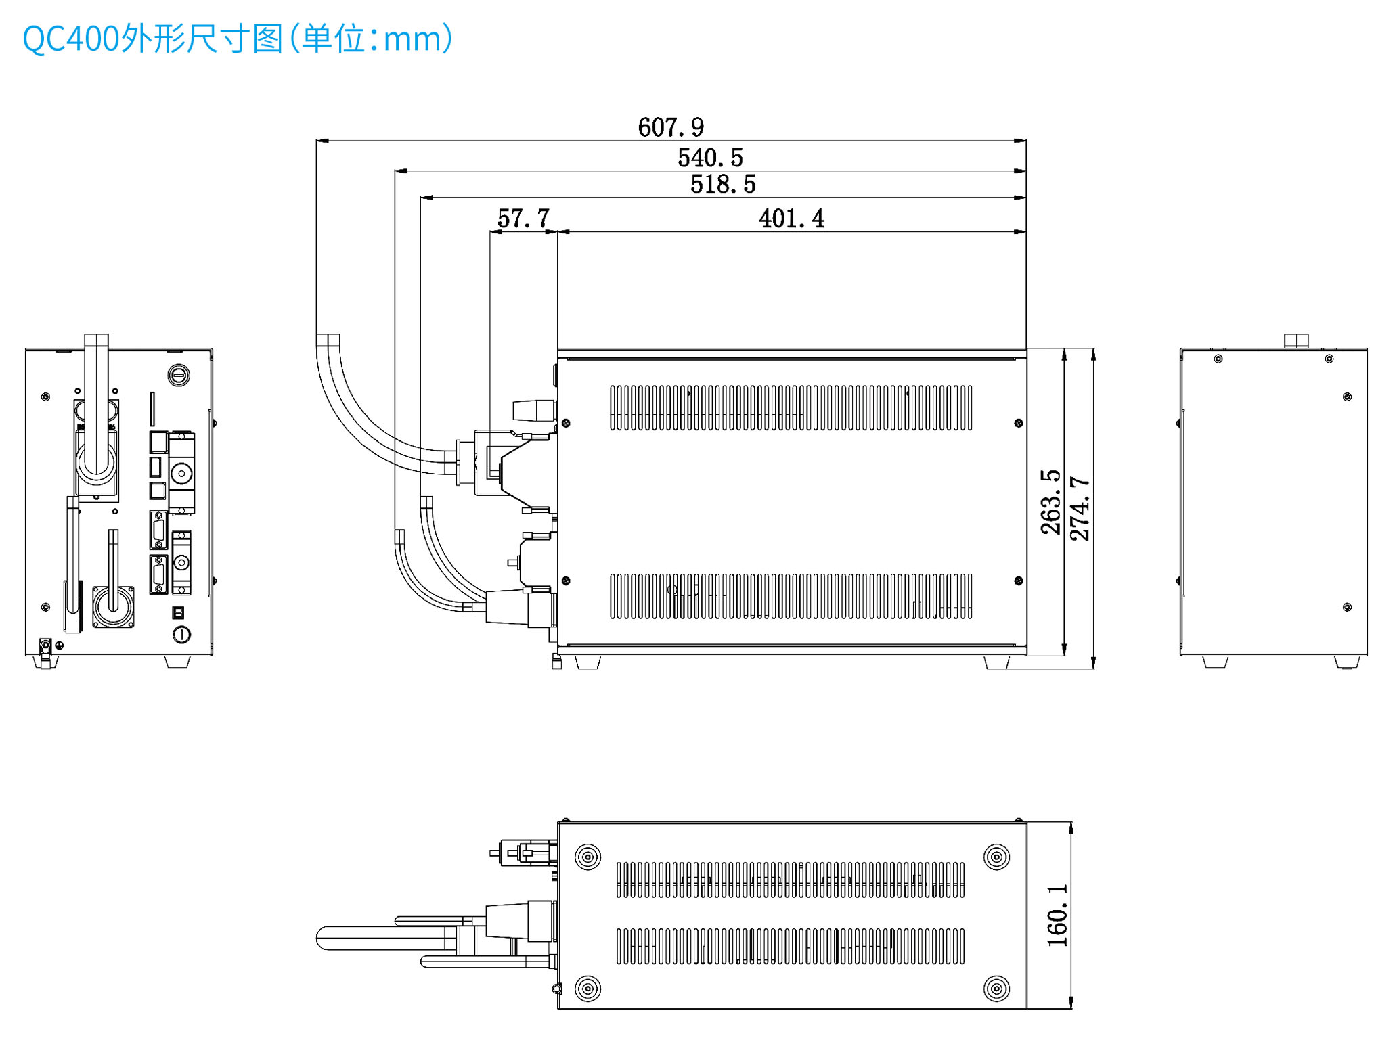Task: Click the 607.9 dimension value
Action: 670,127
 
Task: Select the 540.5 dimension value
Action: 710,158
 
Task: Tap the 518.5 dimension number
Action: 723,184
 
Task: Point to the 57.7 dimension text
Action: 523,219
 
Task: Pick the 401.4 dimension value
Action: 791,219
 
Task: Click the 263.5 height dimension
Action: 1051,502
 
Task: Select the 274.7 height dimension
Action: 1080,508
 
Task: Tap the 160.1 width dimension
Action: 1058,915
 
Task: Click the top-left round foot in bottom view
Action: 588,857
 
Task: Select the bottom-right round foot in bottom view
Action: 996,989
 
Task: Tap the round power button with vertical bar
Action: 181,634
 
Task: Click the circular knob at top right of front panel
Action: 179,375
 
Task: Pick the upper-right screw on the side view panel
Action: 1019,423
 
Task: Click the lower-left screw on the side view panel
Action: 566,581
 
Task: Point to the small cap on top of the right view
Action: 1296,340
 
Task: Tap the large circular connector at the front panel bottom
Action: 113,606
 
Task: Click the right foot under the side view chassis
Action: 996,662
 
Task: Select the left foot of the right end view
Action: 1215,662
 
